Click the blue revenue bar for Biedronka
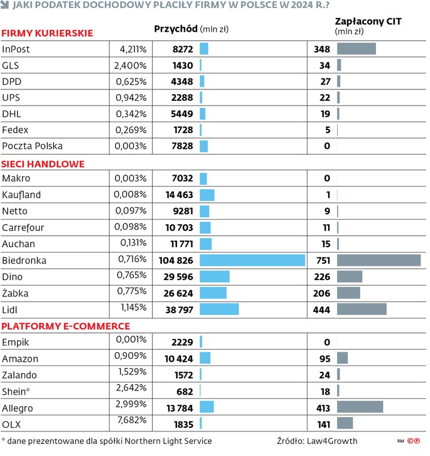(252, 260)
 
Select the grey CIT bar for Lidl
(362, 309)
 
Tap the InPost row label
(16, 49)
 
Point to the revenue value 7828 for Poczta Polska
(182, 146)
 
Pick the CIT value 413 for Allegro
(323, 408)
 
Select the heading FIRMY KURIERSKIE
(47, 33)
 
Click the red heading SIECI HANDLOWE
(43, 163)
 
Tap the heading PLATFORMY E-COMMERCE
(66, 326)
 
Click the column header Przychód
(176, 28)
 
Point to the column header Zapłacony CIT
(368, 22)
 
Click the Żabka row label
(16, 293)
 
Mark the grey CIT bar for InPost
(356, 49)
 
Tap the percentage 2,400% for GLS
(130, 65)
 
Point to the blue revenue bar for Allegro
(206, 408)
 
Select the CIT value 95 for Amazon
(325, 358)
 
